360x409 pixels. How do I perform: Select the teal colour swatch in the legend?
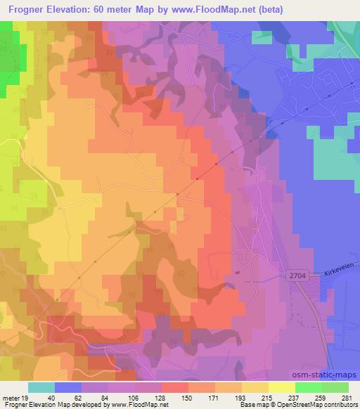coord(41,387)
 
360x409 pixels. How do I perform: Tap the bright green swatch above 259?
coord(309,387)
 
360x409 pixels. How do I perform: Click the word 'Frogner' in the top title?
coord(27,11)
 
